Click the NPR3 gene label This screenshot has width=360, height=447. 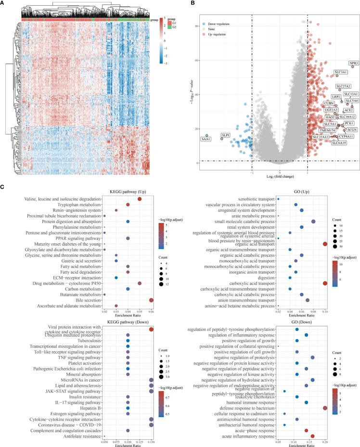(354, 63)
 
